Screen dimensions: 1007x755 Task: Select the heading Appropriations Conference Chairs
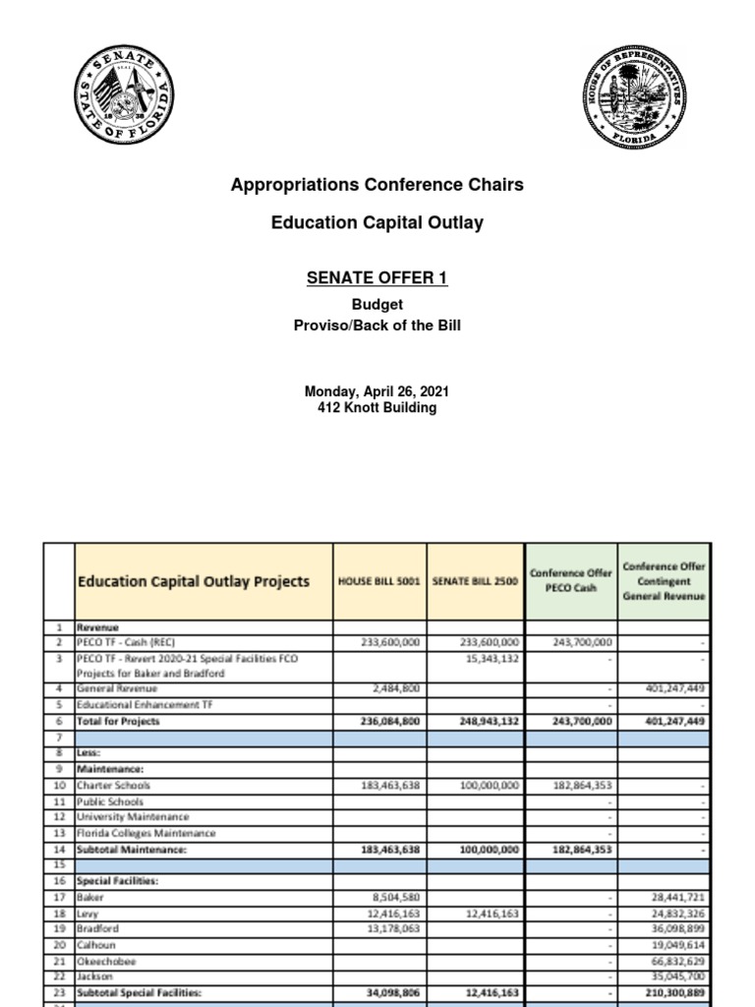click(x=377, y=185)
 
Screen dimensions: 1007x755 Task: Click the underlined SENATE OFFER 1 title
click(x=377, y=278)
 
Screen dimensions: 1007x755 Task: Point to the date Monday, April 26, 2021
click(x=377, y=391)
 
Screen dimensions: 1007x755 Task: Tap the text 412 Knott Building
click(x=377, y=408)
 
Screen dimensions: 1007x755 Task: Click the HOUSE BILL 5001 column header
click(x=379, y=581)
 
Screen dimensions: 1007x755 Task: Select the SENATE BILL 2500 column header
click(x=475, y=581)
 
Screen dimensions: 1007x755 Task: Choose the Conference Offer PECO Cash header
click(x=570, y=580)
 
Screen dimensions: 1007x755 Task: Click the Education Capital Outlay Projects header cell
click(x=194, y=581)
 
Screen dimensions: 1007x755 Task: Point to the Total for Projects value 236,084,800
click(x=385, y=721)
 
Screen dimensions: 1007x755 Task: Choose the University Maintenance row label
click(x=133, y=817)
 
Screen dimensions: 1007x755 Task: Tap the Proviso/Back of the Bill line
click(x=377, y=326)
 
